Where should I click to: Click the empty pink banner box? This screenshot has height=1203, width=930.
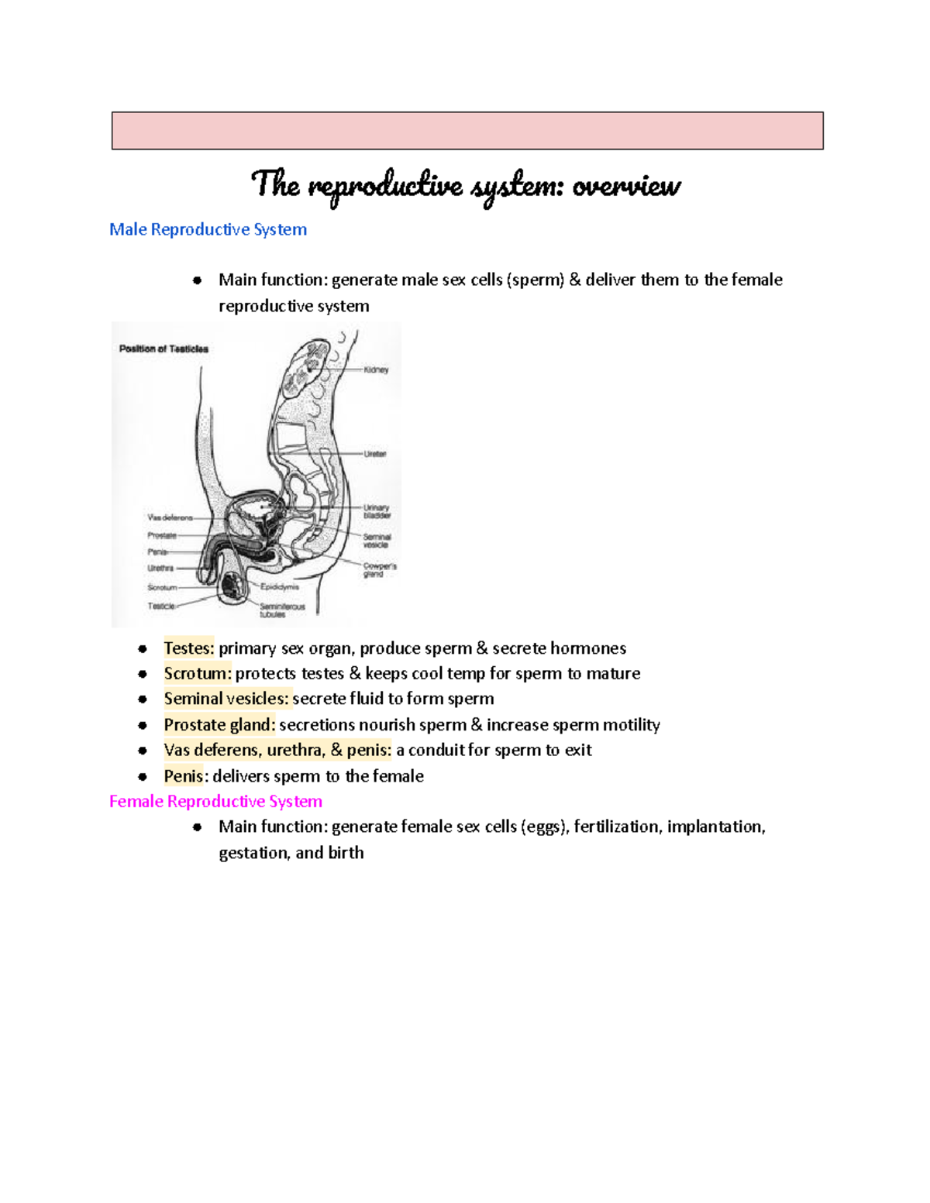point(467,130)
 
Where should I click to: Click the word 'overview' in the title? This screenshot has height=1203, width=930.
point(626,186)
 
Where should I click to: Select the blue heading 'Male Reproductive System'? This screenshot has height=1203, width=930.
point(208,229)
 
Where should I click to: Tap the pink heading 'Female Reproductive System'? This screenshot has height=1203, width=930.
point(215,801)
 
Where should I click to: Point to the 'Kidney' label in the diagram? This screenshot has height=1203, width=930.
point(376,370)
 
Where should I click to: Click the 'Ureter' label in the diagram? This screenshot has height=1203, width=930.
point(375,454)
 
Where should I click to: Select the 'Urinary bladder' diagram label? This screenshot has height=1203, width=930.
point(377,511)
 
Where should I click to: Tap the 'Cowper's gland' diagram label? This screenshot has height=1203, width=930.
point(379,570)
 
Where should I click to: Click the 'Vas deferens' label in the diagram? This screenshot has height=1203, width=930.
point(170,517)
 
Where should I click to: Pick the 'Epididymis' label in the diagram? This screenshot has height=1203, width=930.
point(279,587)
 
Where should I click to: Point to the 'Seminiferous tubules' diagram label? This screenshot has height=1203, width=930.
point(281,610)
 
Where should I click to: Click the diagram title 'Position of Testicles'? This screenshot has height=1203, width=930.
point(164,349)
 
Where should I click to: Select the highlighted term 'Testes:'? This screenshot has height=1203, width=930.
point(188,648)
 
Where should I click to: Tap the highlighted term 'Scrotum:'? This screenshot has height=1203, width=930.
point(198,673)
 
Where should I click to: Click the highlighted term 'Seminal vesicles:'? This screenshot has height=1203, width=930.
point(226,699)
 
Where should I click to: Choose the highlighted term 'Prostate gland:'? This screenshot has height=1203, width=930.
point(219,725)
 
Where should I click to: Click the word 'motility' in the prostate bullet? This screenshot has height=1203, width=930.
point(631,725)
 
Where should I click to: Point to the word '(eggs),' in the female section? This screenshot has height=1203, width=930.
point(546,827)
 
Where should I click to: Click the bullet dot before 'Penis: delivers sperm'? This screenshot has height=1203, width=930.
point(143,776)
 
